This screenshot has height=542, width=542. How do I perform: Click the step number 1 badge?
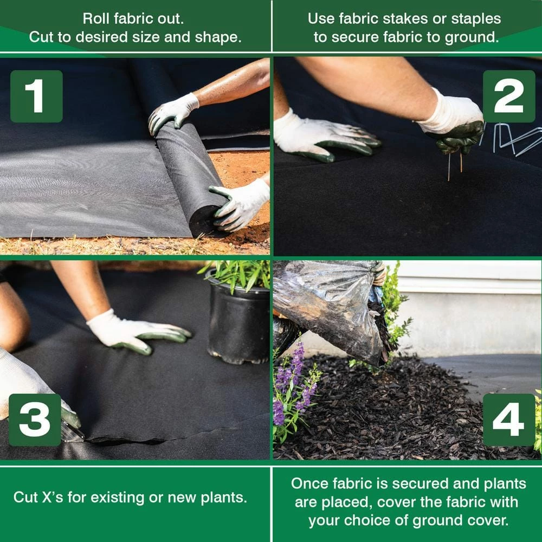(36, 96)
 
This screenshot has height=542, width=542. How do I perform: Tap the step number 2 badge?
(508, 96)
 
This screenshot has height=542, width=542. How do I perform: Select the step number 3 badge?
(35, 420)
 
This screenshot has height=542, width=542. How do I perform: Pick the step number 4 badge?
(508, 420)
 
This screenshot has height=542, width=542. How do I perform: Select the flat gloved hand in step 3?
(135, 332)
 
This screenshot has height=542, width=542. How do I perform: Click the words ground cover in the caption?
(461, 520)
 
